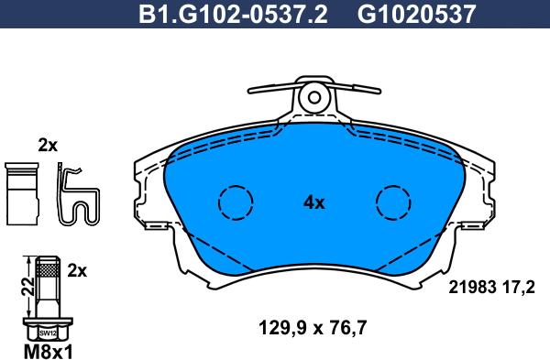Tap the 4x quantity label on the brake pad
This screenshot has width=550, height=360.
[313, 203]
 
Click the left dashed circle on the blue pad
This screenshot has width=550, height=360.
[235, 201]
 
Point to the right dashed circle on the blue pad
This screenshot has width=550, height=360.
[394, 201]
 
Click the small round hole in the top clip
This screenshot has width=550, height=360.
[314, 96]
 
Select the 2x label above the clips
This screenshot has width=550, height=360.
[48, 146]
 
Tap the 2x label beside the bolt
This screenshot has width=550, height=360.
[77, 270]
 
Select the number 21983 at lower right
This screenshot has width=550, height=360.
[469, 286]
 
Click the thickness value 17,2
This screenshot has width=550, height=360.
[520, 286]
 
